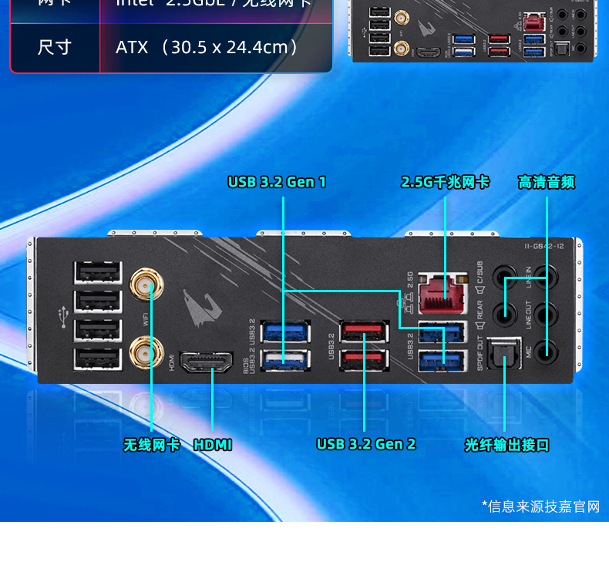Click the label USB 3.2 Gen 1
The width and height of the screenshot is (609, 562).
277,183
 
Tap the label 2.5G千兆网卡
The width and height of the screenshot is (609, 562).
445,183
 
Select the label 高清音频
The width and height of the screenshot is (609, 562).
547,183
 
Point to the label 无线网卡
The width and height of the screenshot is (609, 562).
152,445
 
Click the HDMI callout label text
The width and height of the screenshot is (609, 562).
213,445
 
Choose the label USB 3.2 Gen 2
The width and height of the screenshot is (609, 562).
365,445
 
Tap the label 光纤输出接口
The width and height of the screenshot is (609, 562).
506,445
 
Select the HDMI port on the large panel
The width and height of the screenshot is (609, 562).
207,363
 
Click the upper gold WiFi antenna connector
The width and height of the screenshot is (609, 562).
143,284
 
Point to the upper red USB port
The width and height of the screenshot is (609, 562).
365,331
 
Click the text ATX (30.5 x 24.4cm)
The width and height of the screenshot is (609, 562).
207,47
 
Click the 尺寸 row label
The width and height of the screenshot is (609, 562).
55,47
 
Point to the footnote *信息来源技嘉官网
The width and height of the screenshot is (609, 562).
540,506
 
